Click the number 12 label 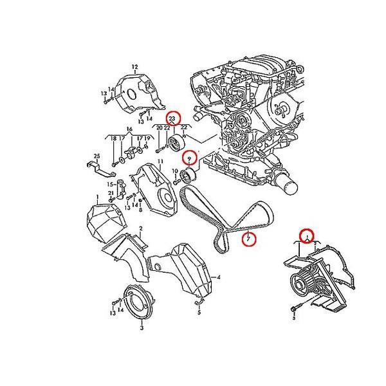(136, 67)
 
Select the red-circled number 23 (172, 119)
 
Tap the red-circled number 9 (189, 158)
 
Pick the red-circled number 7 (248, 240)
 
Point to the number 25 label (97, 156)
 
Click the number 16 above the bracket (129, 129)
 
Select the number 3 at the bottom (141, 327)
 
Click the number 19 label (147, 138)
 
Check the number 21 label (111, 193)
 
